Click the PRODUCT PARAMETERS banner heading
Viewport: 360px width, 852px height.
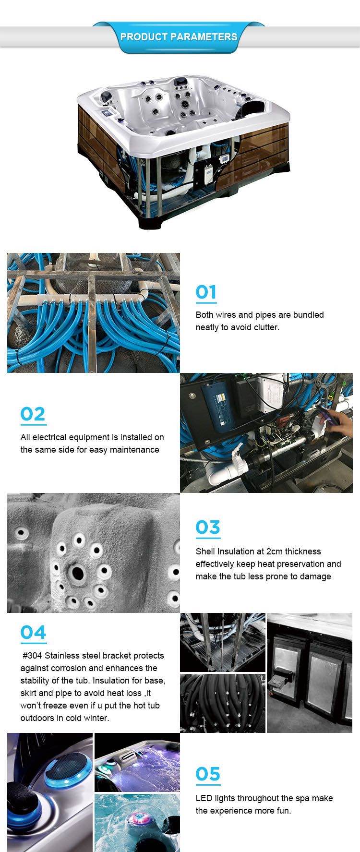pyautogui.click(x=179, y=37)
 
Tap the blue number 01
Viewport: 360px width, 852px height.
pyautogui.click(x=206, y=292)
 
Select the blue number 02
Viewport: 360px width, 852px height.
pyautogui.click(x=33, y=414)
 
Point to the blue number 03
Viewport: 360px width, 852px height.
pyautogui.click(x=208, y=527)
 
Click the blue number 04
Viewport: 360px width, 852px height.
pyautogui.click(x=33, y=632)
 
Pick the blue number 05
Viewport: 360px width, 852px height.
pyautogui.click(x=208, y=774)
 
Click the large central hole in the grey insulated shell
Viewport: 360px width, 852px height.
pyautogui.click(x=77, y=572)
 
